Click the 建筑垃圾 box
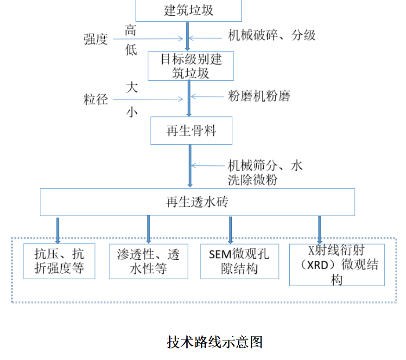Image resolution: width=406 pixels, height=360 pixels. (x=189, y=10)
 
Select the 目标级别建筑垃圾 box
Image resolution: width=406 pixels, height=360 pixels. (x=190, y=66)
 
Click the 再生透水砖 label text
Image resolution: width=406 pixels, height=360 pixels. (x=197, y=202)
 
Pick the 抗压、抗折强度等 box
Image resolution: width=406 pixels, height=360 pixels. (x=59, y=261)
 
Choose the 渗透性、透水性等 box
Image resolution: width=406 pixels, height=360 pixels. (x=148, y=261)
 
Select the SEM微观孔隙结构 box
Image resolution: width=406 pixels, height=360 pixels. (x=240, y=261)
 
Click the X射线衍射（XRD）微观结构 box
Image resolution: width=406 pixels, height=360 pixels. (x=337, y=264)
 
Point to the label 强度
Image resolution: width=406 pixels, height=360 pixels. (x=95, y=39)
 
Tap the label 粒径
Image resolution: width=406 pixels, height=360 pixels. (x=95, y=99)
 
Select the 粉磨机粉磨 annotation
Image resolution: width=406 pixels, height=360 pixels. (x=259, y=96)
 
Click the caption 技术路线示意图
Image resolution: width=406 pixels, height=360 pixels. (x=215, y=342)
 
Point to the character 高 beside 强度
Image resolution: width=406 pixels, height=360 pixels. (x=131, y=30)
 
